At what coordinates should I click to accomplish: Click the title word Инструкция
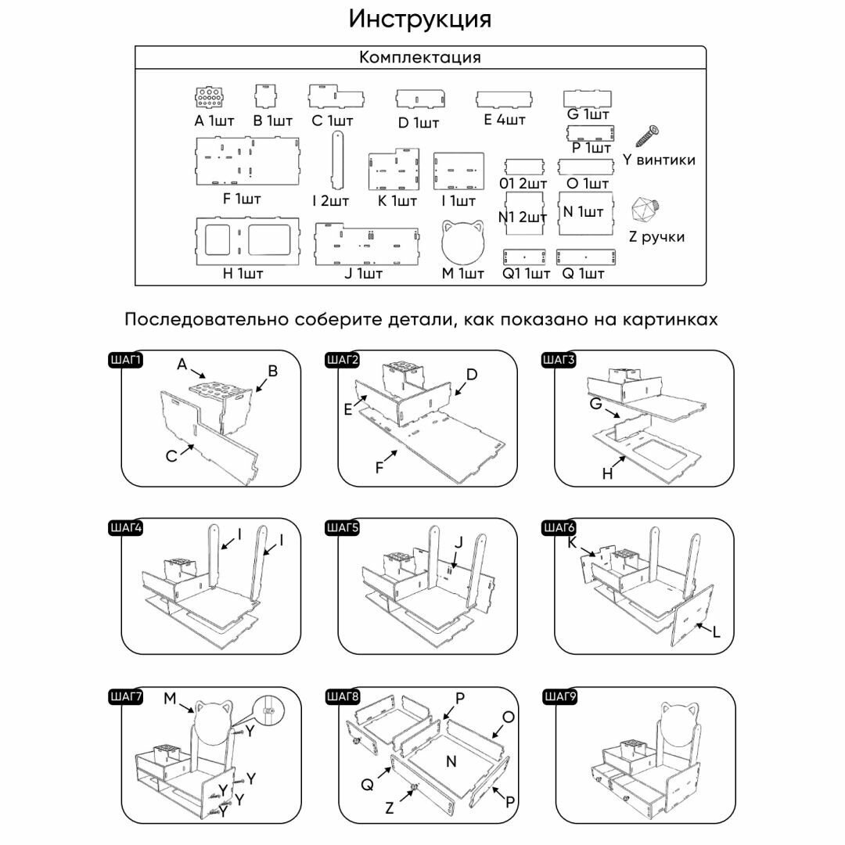click(420, 19)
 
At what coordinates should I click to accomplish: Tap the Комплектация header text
click(420, 57)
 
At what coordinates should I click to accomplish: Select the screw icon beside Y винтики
click(649, 136)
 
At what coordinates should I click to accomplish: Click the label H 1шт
click(243, 273)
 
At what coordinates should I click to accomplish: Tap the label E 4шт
click(505, 120)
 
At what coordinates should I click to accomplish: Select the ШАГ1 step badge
click(126, 361)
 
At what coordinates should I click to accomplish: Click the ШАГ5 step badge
click(343, 529)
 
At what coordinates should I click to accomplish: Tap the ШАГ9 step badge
click(559, 697)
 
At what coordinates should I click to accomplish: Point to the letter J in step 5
click(459, 541)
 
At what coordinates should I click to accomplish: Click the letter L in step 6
click(716, 631)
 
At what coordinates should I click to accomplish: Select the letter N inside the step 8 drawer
click(451, 760)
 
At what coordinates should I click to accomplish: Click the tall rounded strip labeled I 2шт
click(337, 160)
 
